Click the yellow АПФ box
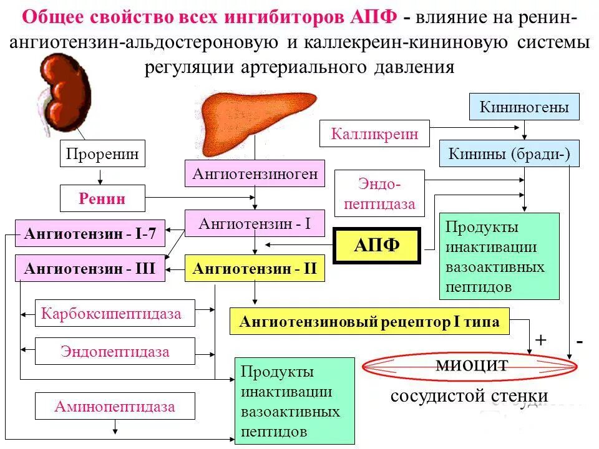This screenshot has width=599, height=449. tap(377, 244)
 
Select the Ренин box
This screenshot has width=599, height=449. tap(102, 198)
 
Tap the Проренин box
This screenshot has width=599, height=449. tap(102, 153)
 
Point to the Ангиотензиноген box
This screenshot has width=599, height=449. tap(255, 173)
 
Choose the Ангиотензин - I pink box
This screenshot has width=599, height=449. tap(255, 223)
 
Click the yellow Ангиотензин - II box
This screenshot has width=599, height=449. tap(255, 269)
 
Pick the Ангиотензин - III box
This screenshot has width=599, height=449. tap(90, 269)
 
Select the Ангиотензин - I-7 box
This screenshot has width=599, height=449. tap(90, 234)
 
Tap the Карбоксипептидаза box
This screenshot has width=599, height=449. tap(115, 313)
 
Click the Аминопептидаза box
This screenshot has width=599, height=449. tap(115, 407)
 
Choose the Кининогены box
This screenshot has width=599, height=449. tap(524, 107)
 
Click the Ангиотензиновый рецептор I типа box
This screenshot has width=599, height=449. tap(369, 322)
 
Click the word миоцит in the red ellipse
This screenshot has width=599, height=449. tap(472, 365)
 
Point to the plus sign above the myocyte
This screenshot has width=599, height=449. tap(540, 340)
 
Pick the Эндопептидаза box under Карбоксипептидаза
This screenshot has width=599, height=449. tap(115, 351)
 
